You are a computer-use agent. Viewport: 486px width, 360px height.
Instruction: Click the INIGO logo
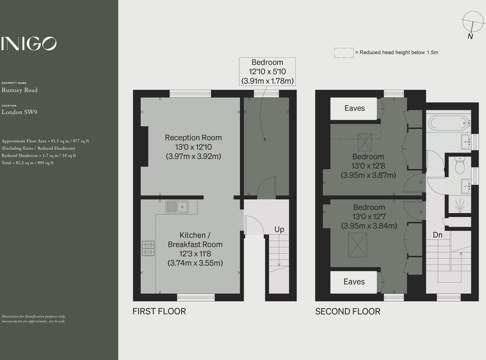[29, 44]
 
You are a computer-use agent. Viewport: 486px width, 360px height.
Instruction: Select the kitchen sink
[177, 207]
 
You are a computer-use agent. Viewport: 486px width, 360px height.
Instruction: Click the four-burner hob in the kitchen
[148, 248]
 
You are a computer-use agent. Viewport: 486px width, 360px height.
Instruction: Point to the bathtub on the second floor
[448, 123]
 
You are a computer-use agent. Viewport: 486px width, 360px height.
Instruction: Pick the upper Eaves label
[354, 108]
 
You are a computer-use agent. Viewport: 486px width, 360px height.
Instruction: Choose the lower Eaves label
[354, 282]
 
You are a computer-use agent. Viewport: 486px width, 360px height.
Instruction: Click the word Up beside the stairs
[279, 229]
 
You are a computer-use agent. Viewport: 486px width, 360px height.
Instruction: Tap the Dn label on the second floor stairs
[437, 235]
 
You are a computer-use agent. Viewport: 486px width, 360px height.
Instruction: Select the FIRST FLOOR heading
[159, 311]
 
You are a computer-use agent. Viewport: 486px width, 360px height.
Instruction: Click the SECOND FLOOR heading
[348, 311]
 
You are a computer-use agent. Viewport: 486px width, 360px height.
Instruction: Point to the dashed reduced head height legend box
[344, 53]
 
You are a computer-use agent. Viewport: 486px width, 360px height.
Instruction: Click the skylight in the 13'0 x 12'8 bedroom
[364, 142]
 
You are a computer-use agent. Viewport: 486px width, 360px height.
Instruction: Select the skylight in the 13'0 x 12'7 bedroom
[357, 245]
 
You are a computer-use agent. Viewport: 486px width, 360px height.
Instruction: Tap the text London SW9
[20, 112]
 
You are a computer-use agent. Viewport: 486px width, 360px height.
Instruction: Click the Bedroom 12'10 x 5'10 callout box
[267, 72]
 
